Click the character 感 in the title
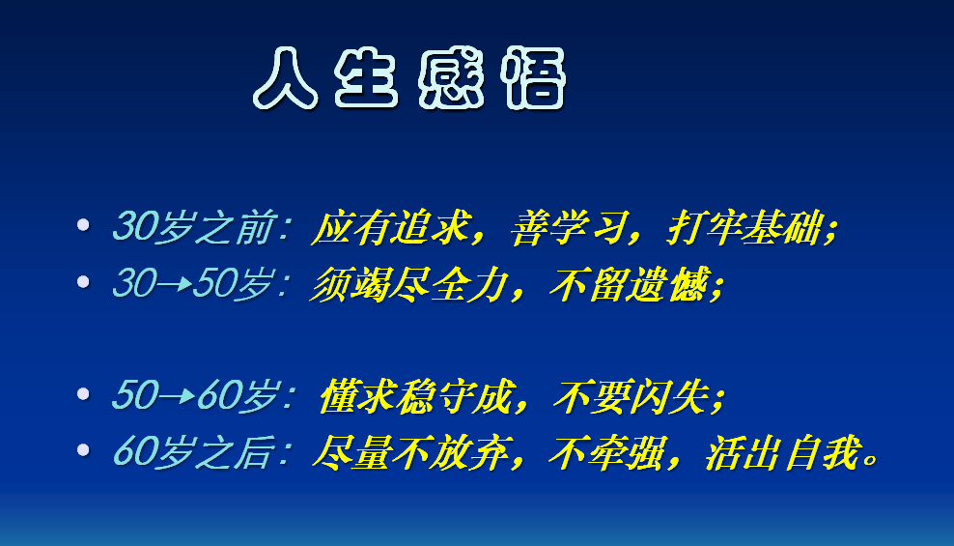(x=452, y=77)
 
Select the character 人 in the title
(x=287, y=77)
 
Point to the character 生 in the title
(x=368, y=77)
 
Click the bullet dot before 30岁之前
(x=83, y=225)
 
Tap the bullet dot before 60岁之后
(x=83, y=449)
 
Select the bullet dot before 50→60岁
(x=83, y=393)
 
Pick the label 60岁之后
(x=199, y=451)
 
